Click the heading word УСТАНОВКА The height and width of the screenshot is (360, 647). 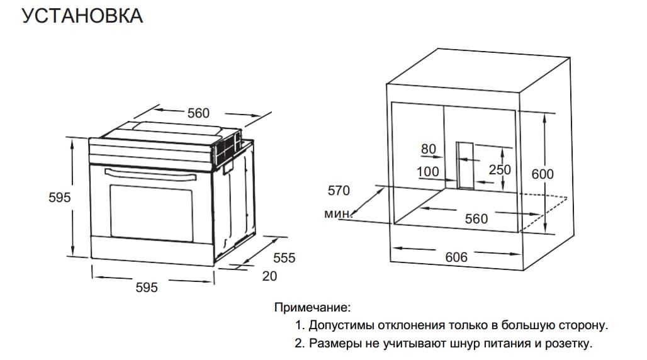click(82, 16)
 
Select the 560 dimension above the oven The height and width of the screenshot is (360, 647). click(198, 113)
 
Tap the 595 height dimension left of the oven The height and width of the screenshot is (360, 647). click(60, 197)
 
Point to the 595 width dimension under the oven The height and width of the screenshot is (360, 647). click(147, 287)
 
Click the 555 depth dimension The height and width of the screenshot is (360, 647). click(284, 258)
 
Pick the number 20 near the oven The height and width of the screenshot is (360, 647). click(269, 276)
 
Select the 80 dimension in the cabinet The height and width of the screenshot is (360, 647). click(428, 149)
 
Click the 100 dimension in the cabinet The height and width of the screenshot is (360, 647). click(428, 171)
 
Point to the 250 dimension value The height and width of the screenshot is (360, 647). click(499, 170)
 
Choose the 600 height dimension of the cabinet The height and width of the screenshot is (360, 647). click(543, 174)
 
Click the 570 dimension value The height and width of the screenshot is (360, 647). click(339, 190)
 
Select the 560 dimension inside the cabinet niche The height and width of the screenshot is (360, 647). click(476, 218)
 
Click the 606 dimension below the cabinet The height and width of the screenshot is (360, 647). click(456, 257)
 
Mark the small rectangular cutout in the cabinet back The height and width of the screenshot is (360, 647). click(465, 164)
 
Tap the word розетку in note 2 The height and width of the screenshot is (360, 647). click(569, 344)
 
